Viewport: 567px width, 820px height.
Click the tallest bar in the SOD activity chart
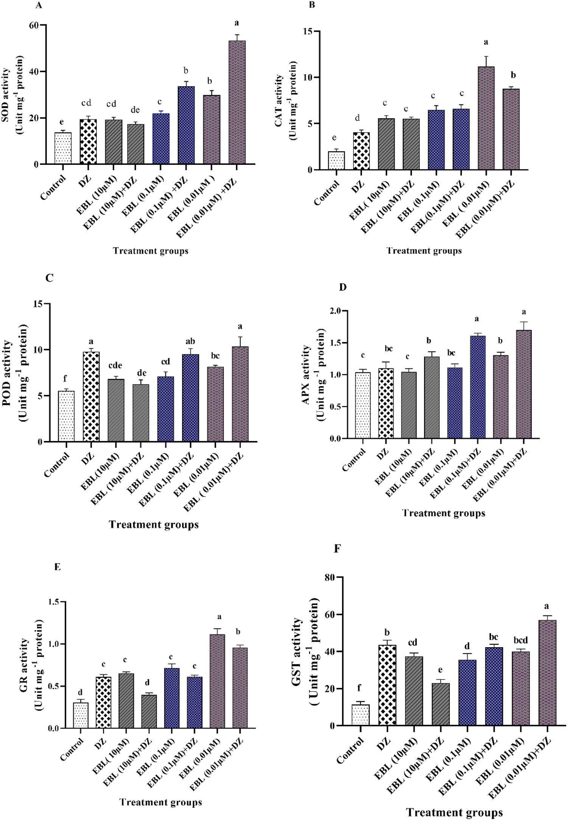click(x=237, y=102)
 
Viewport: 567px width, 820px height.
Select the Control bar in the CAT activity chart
click(x=336, y=160)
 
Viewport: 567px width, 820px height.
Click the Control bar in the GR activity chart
click(x=81, y=715)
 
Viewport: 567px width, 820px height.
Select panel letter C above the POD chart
click(x=49, y=278)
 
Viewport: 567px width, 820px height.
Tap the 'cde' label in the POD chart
click(x=116, y=365)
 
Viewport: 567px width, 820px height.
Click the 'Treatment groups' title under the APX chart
click(x=443, y=513)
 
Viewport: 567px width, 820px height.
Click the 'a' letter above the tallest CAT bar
click(x=486, y=42)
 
